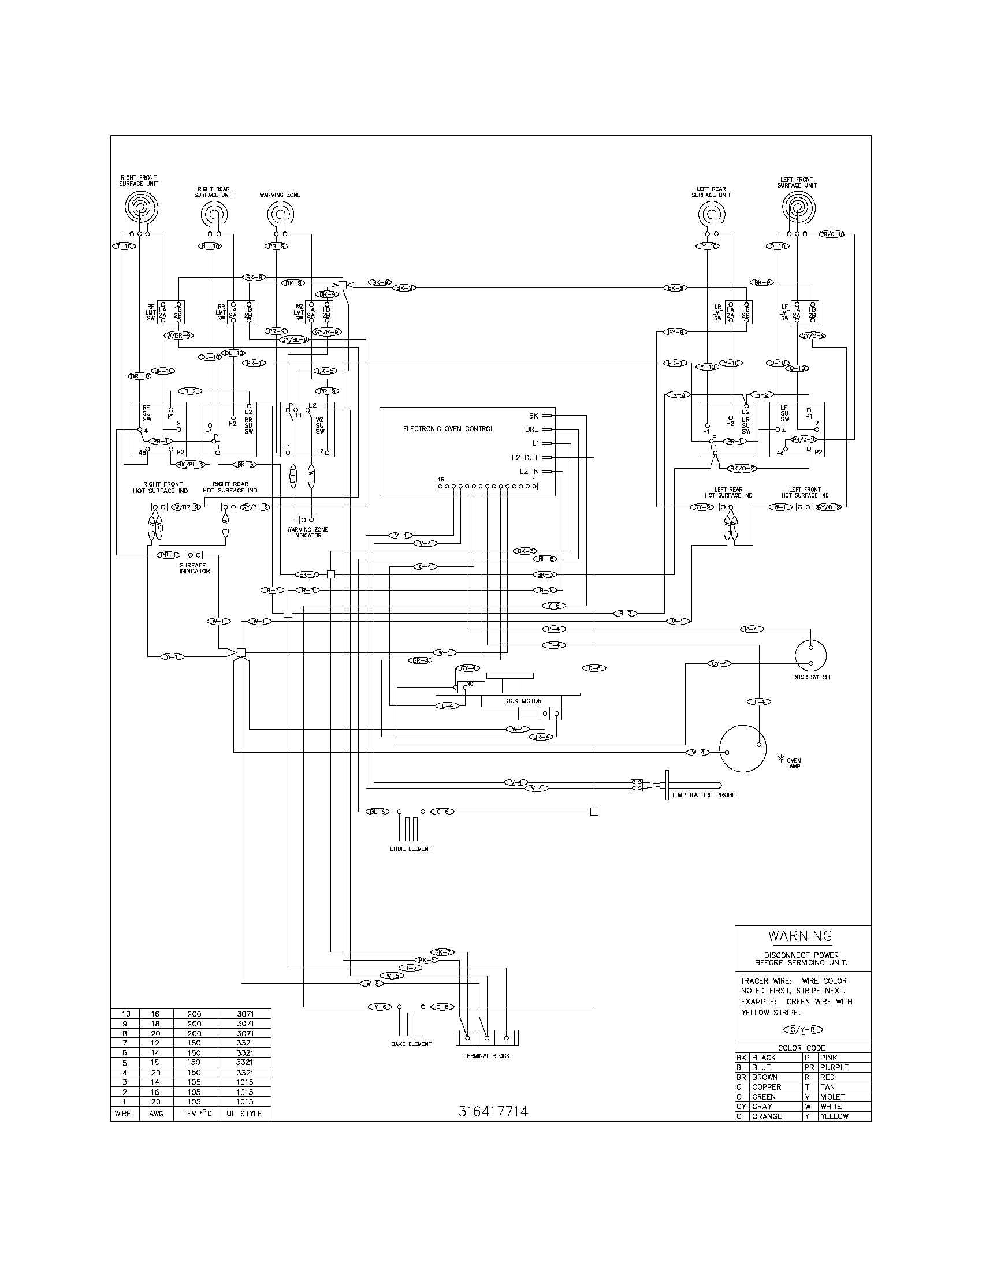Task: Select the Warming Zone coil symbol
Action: coord(280,216)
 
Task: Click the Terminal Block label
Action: coord(486,1055)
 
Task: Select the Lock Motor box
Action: coord(522,701)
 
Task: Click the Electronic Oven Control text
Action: coord(448,428)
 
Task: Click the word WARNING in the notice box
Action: coord(800,936)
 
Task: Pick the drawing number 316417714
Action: coord(493,1111)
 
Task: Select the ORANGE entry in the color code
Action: coord(766,1116)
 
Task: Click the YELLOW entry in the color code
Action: coord(834,1116)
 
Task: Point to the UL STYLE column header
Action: coord(243,1114)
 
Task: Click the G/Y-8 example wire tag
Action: coord(803,1029)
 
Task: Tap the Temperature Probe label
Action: coord(703,795)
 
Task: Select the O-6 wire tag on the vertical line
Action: coord(594,668)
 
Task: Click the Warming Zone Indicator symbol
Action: coord(307,520)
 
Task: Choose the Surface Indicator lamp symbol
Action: coord(194,555)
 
